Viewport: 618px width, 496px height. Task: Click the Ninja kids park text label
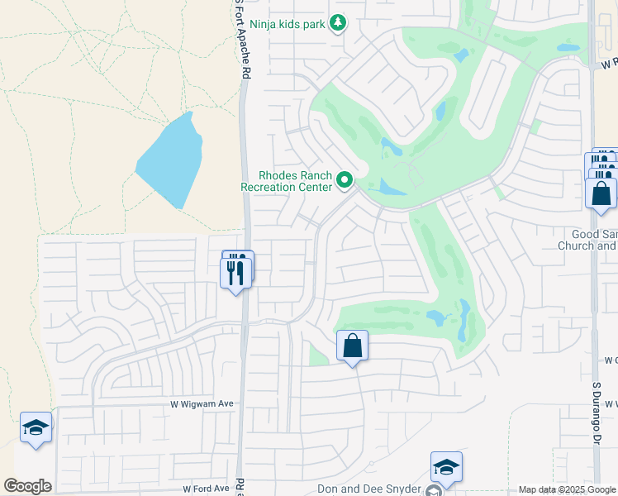(290, 24)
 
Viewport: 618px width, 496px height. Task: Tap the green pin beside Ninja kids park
(337, 23)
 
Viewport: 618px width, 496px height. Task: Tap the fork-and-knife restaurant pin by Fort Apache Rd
(236, 270)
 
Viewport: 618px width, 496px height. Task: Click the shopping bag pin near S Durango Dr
(601, 193)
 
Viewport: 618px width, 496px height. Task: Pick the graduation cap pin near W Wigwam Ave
(36, 427)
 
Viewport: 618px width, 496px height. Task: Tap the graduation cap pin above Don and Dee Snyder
(445, 467)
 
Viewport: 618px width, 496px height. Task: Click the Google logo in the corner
(27, 486)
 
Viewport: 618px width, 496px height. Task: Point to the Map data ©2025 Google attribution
(566, 489)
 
